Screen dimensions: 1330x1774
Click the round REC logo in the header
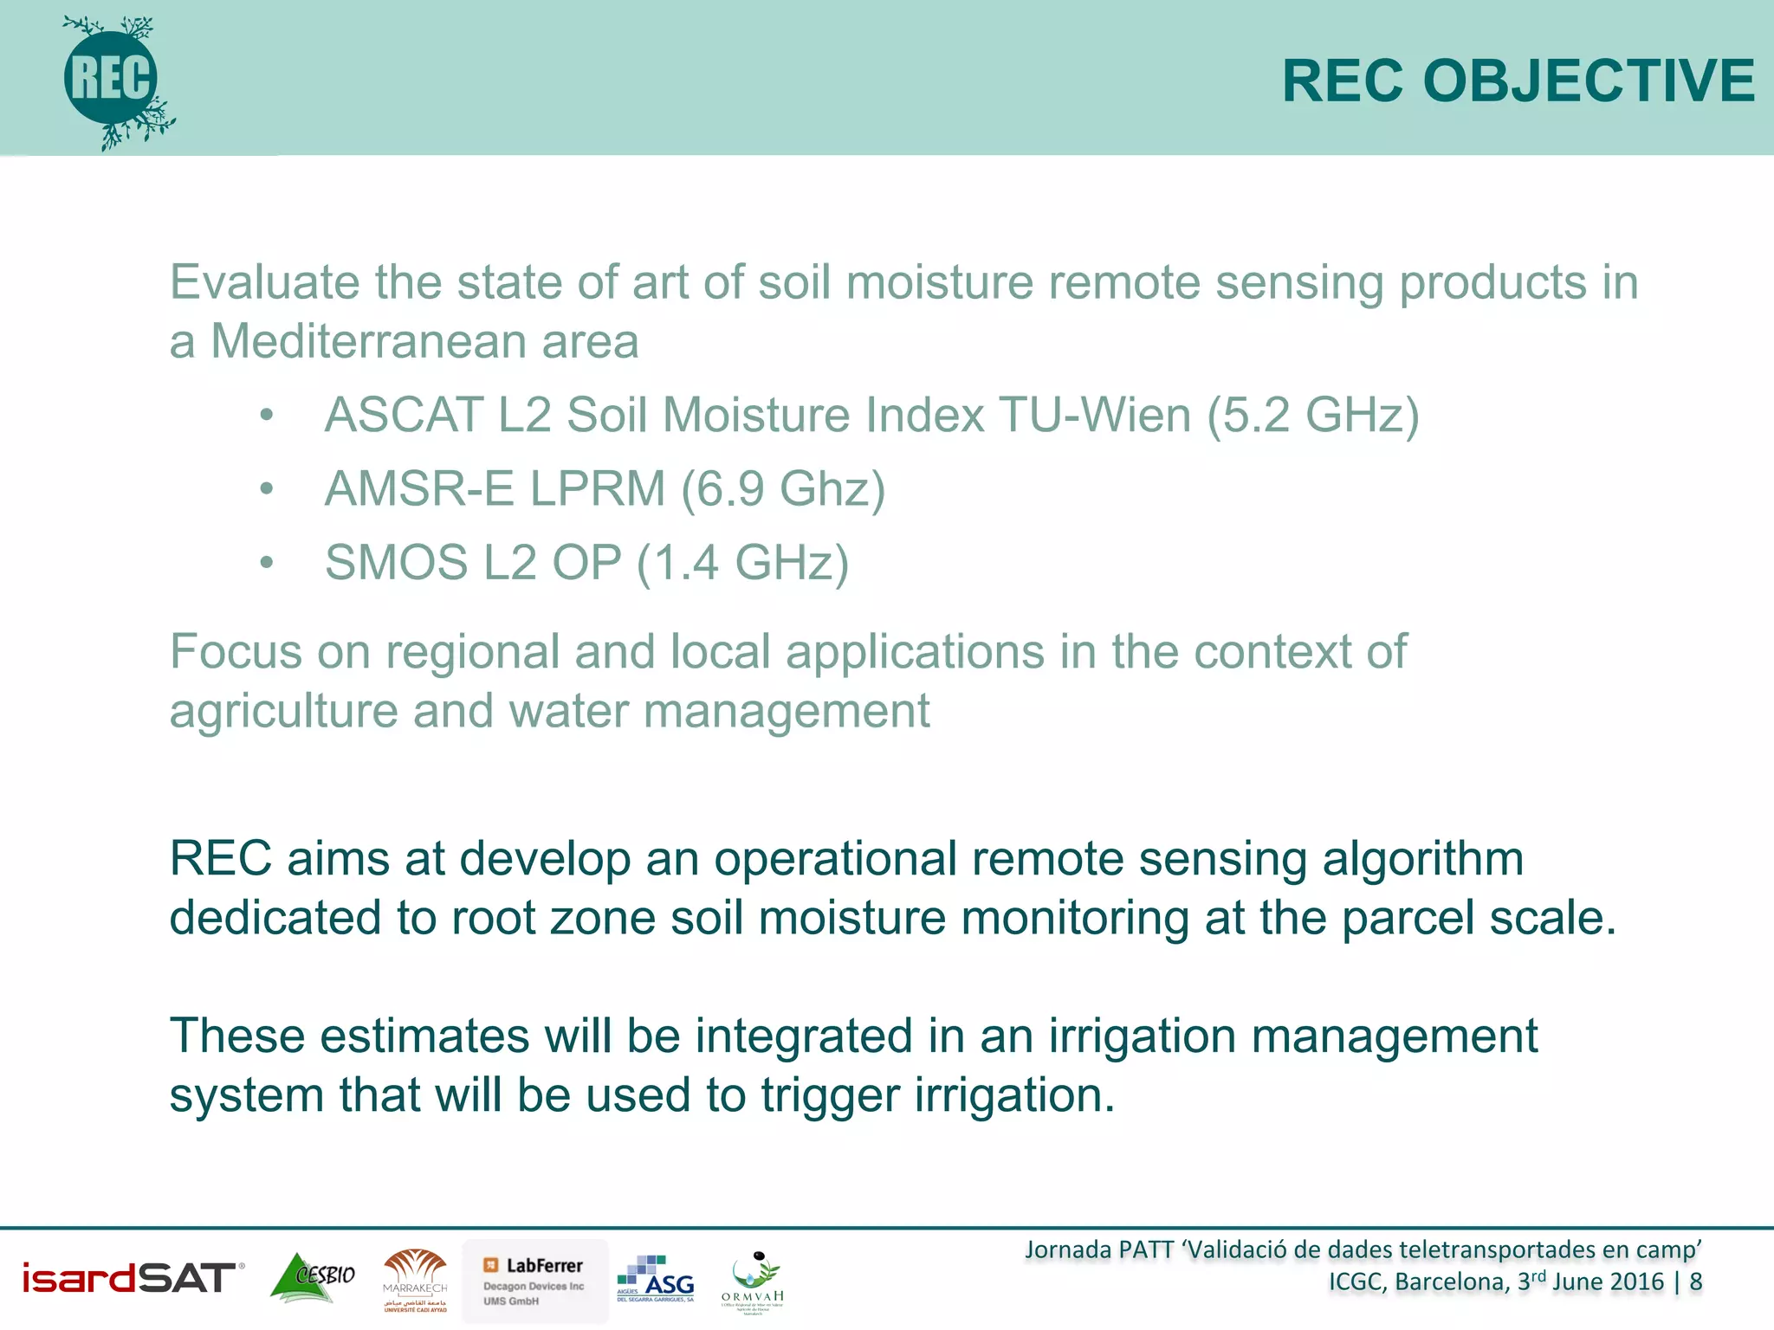click(112, 80)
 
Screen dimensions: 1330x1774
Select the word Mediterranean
click(368, 341)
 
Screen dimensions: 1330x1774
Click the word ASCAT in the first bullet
click(403, 415)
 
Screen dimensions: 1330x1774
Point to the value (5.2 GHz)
click(1312, 415)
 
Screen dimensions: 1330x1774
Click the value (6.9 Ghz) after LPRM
click(782, 489)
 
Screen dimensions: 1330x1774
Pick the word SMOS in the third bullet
click(396, 563)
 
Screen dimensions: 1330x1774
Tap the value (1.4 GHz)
click(742, 563)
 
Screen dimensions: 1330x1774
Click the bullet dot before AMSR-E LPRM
click(267, 489)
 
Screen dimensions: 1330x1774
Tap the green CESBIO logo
click(313, 1277)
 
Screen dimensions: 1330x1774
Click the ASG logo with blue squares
click(656, 1279)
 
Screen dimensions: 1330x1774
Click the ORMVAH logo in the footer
click(753, 1282)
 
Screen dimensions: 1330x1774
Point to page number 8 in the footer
click(1695, 1282)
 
